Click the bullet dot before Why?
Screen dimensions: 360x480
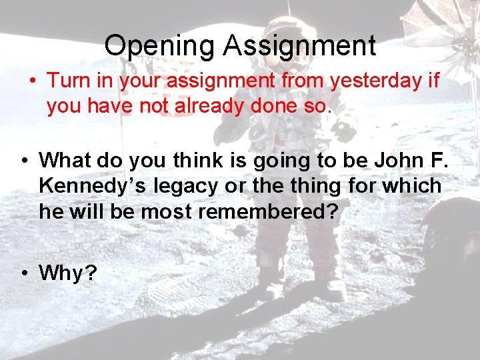24,273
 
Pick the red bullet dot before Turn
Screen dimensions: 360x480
33,81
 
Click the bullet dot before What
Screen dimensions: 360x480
24,161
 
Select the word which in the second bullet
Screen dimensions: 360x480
412,186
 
